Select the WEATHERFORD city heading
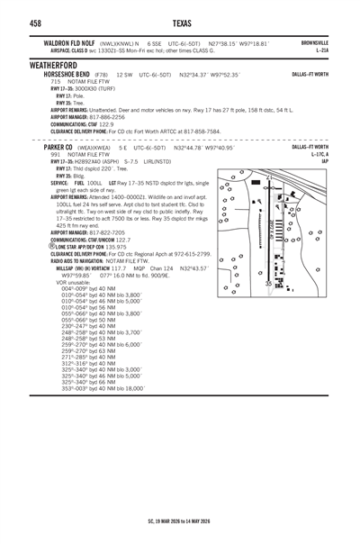pyautogui.click(x=37, y=65)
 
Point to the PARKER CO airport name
pyautogui.click(x=62, y=147)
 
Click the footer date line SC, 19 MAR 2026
pyautogui.click(x=180, y=521)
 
